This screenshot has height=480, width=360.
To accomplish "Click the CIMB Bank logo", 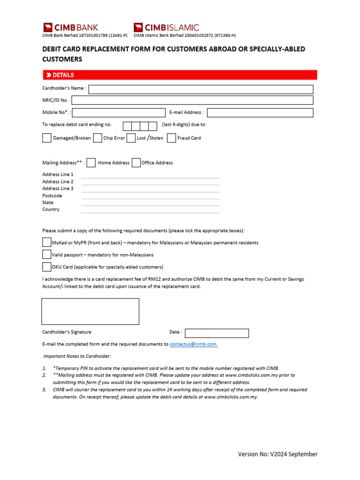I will click(71, 28).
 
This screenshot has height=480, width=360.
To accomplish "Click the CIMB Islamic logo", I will click(166, 28).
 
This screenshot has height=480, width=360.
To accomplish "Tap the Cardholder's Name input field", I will click(201, 90).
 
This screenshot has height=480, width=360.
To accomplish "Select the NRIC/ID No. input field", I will click(192, 100).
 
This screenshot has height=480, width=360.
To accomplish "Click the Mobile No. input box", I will click(119, 112).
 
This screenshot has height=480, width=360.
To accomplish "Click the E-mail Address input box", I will click(260, 112).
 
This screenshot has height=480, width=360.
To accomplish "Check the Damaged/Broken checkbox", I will click(47, 138).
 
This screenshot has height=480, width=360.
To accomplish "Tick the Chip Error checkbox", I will click(97, 138).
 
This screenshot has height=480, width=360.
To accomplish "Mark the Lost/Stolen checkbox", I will click(131, 138).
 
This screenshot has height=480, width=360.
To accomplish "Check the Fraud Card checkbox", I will click(171, 138).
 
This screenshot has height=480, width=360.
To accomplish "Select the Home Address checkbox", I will click(91, 163).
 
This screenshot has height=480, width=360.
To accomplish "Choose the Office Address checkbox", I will click(136, 163).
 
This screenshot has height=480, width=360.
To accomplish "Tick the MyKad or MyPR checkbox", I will click(46, 242).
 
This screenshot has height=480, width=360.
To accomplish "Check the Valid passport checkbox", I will click(46, 255).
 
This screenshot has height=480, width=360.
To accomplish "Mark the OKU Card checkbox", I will click(46, 267).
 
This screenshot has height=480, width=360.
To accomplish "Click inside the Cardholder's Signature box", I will click(90, 311).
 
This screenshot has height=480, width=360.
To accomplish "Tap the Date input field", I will click(217, 333).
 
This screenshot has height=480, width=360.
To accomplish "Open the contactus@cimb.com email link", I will click(194, 344).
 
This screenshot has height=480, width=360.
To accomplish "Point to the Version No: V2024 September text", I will click(277, 454).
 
